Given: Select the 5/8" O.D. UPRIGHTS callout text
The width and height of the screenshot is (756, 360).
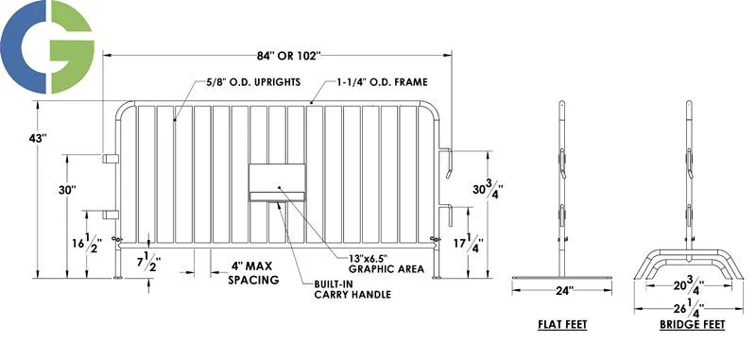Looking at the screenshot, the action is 249,81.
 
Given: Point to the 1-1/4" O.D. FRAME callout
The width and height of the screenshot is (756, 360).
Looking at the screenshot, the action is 375,81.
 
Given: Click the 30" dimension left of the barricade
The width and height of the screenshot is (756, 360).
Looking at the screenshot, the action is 66,190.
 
